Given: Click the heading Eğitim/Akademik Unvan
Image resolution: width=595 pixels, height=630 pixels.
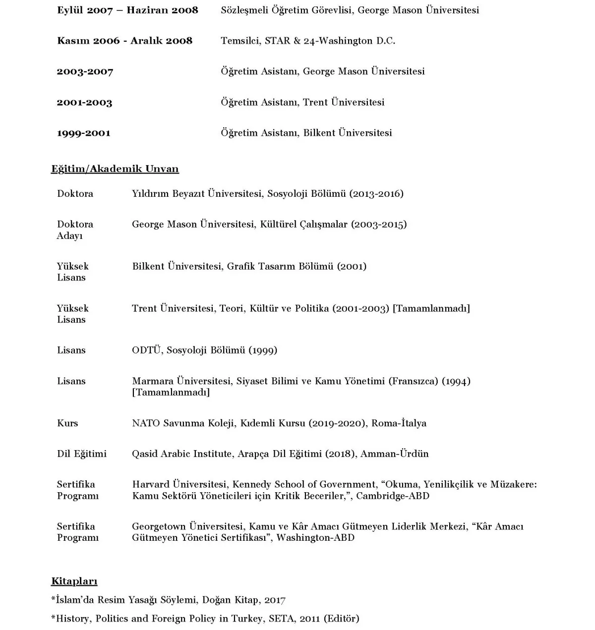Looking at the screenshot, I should point(115,169).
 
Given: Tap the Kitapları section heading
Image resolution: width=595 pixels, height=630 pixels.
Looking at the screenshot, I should point(74,581).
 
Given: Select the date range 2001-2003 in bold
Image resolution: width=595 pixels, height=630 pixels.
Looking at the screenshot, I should point(84,103).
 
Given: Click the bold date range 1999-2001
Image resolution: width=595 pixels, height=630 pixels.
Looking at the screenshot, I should point(83,133).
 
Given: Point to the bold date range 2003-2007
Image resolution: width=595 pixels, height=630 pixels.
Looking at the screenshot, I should point(85,72).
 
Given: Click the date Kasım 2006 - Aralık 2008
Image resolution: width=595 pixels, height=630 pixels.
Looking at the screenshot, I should point(124,41).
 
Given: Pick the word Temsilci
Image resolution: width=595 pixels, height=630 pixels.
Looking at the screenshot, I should point(240,41).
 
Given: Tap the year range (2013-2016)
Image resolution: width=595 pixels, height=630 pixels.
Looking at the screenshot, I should point(376,194).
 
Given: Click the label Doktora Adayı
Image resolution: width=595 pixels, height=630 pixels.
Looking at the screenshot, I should point(74,230).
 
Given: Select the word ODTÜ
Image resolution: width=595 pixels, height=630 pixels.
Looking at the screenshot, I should point(147,350).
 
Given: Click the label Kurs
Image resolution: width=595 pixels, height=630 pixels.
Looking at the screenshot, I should point(67,423).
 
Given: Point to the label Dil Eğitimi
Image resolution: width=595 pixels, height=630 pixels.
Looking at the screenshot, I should point(82,454).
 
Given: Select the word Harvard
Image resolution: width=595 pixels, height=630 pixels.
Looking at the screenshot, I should point(150,485).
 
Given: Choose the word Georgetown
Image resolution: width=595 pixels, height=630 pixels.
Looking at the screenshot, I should point(159,526).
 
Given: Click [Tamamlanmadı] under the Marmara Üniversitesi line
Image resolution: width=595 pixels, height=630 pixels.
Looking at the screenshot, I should point(171,393).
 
